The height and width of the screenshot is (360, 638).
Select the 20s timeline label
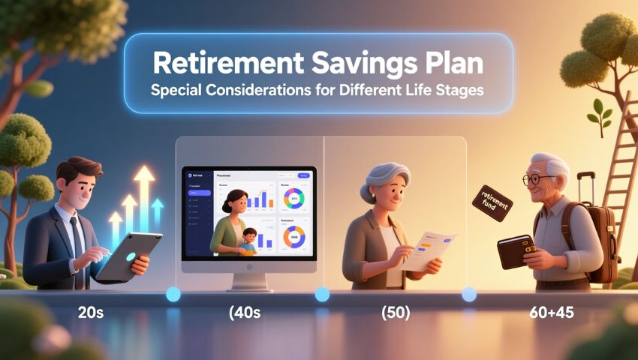tap(90, 313)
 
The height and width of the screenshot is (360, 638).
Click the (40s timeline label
tap(245, 313)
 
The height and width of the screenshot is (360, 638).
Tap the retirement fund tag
tap(492, 202)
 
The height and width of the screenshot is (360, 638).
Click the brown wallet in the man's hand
tap(516, 251)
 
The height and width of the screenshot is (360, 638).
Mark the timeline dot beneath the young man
tap(173, 295)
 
